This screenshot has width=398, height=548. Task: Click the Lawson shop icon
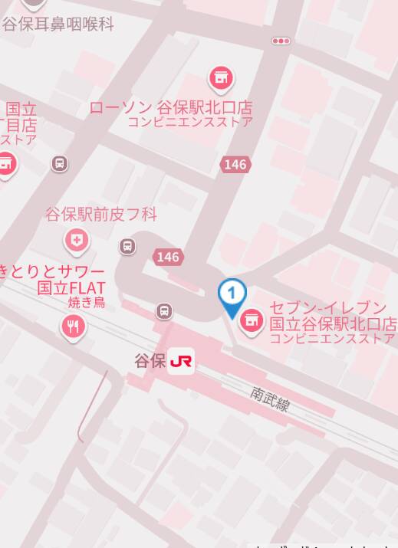pos(222,77)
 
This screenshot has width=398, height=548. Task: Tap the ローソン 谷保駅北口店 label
pos(170,107)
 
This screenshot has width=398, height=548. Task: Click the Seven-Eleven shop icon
pos(251,322)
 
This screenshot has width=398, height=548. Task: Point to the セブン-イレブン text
pos(327,308)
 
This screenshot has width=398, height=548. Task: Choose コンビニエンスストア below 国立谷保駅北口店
pos(333,339)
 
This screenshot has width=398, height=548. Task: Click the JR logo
pos(182,361)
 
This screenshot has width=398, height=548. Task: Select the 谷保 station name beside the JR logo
pos(150,361)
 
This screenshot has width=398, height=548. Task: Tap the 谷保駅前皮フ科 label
pos(101,215)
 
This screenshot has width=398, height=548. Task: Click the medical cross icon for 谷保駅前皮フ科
pos(77,241)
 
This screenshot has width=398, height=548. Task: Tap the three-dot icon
pos(281,41)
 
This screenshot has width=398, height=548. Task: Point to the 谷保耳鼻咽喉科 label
pos(58,24)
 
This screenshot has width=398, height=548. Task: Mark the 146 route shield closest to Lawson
pos(235,164)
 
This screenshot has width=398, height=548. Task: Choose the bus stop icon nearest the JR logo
pos(164,311)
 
